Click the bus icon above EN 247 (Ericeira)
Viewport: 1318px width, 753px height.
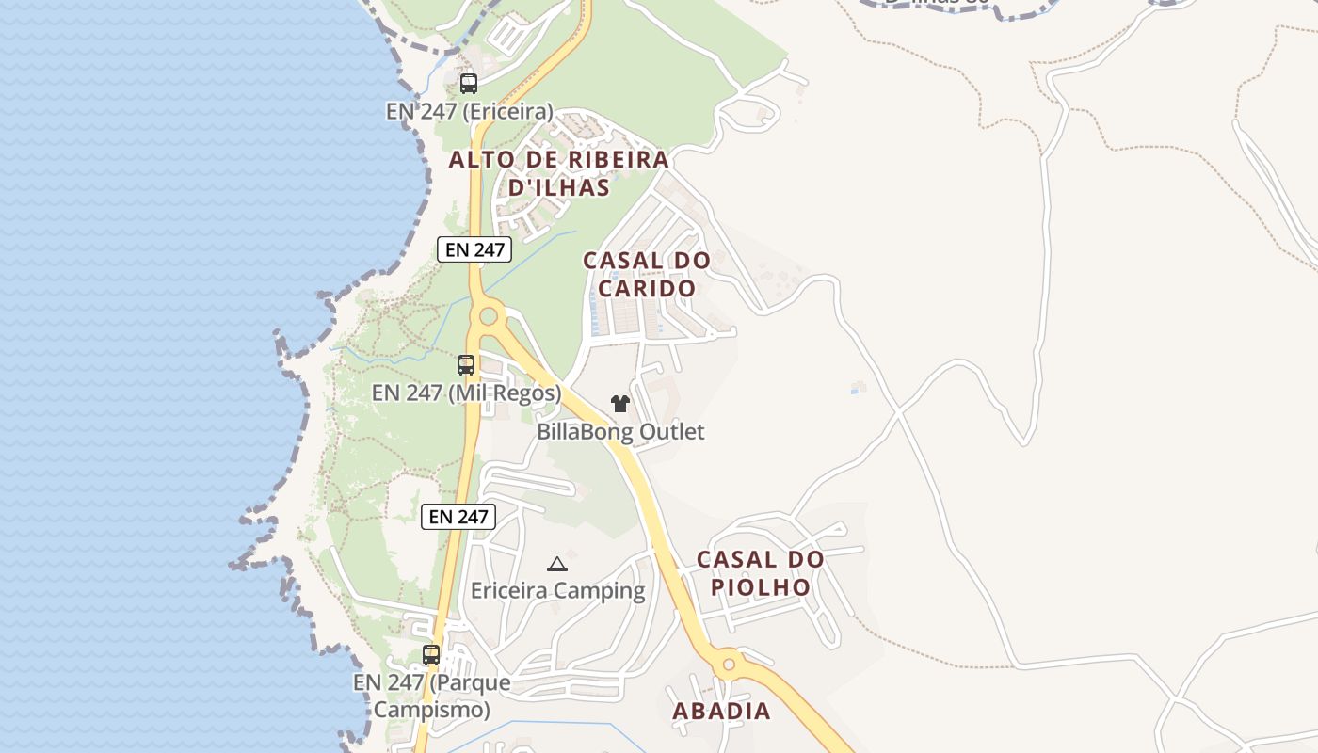coord(468,83)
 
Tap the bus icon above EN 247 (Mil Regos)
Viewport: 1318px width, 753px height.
coord(465,364)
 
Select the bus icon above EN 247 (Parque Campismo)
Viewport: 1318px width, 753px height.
coord(431,654)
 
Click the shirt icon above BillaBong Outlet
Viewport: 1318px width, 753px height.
coord(619,404)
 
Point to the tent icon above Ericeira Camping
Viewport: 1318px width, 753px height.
coord(557,564)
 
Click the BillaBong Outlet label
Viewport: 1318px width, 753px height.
coord(620,432)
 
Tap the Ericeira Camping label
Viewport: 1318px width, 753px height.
coord(558,591)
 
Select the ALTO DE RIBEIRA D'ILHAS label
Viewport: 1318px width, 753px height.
coord(559,173)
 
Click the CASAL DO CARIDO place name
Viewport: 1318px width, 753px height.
coord(647,274)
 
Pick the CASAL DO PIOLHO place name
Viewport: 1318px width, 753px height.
coord(761,573)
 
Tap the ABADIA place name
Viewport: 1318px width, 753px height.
coord(722,712)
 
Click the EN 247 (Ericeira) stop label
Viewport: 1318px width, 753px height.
coord(470,111)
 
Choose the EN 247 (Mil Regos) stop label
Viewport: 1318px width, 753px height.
coord(467,393)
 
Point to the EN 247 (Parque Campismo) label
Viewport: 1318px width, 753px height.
coord(432,696)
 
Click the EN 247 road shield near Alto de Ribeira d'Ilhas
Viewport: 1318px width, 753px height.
coord(474,249)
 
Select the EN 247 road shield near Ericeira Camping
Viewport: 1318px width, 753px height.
coord(458,516)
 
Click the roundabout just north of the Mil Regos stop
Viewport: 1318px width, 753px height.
coord(488,316)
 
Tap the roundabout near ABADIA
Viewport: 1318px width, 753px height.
coord(727,665)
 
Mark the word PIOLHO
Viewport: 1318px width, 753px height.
coord(761,587)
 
